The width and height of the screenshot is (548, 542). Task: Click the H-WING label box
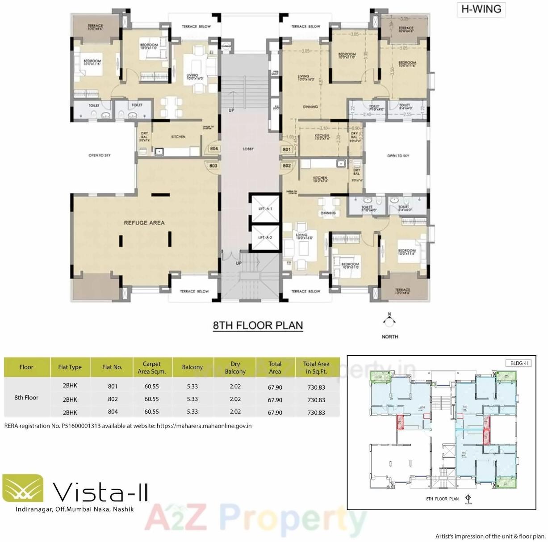point(481,9)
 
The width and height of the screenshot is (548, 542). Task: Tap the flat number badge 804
point(214,149)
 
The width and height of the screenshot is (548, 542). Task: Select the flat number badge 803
point(213,166)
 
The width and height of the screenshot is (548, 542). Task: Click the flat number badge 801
point(287,149)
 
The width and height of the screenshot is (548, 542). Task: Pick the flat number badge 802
point(287,166)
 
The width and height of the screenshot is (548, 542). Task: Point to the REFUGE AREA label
point(144,223)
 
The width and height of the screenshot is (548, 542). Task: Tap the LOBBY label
point(248,149)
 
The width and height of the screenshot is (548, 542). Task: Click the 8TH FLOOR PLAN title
point(258,325)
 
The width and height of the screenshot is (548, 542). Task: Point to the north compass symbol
point(389,321)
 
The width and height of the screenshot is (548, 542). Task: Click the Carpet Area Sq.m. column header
point(151,367)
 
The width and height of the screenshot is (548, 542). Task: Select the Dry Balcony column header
point(235,367)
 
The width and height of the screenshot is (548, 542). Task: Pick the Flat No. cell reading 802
point(113,399)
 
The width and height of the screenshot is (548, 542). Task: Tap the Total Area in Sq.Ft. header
point(316,367)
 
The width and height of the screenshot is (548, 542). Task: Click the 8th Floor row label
point(26,397)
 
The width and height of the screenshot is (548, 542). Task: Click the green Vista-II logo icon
point(23,488)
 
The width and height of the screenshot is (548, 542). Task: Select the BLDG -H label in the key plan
point(519,363)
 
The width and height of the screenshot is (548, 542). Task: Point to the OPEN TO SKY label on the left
point(99,155)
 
